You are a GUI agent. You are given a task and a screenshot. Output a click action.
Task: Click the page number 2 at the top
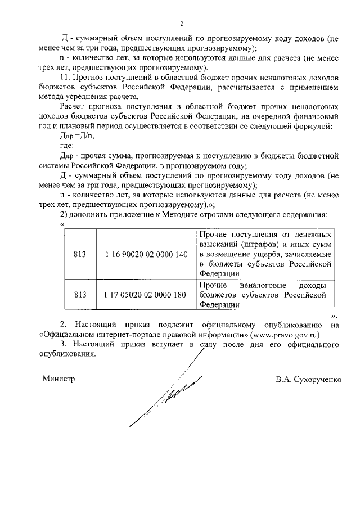click(x=181, y=24)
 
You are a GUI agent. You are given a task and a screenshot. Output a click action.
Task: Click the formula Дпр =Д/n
click(x=75, y=135)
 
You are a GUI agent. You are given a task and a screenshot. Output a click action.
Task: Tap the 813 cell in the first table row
click(x=80, y=254)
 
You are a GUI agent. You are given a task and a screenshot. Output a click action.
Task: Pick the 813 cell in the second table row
click(x=80, y=295)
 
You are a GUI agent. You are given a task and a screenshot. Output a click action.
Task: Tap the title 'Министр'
click(x=58, y=379)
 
